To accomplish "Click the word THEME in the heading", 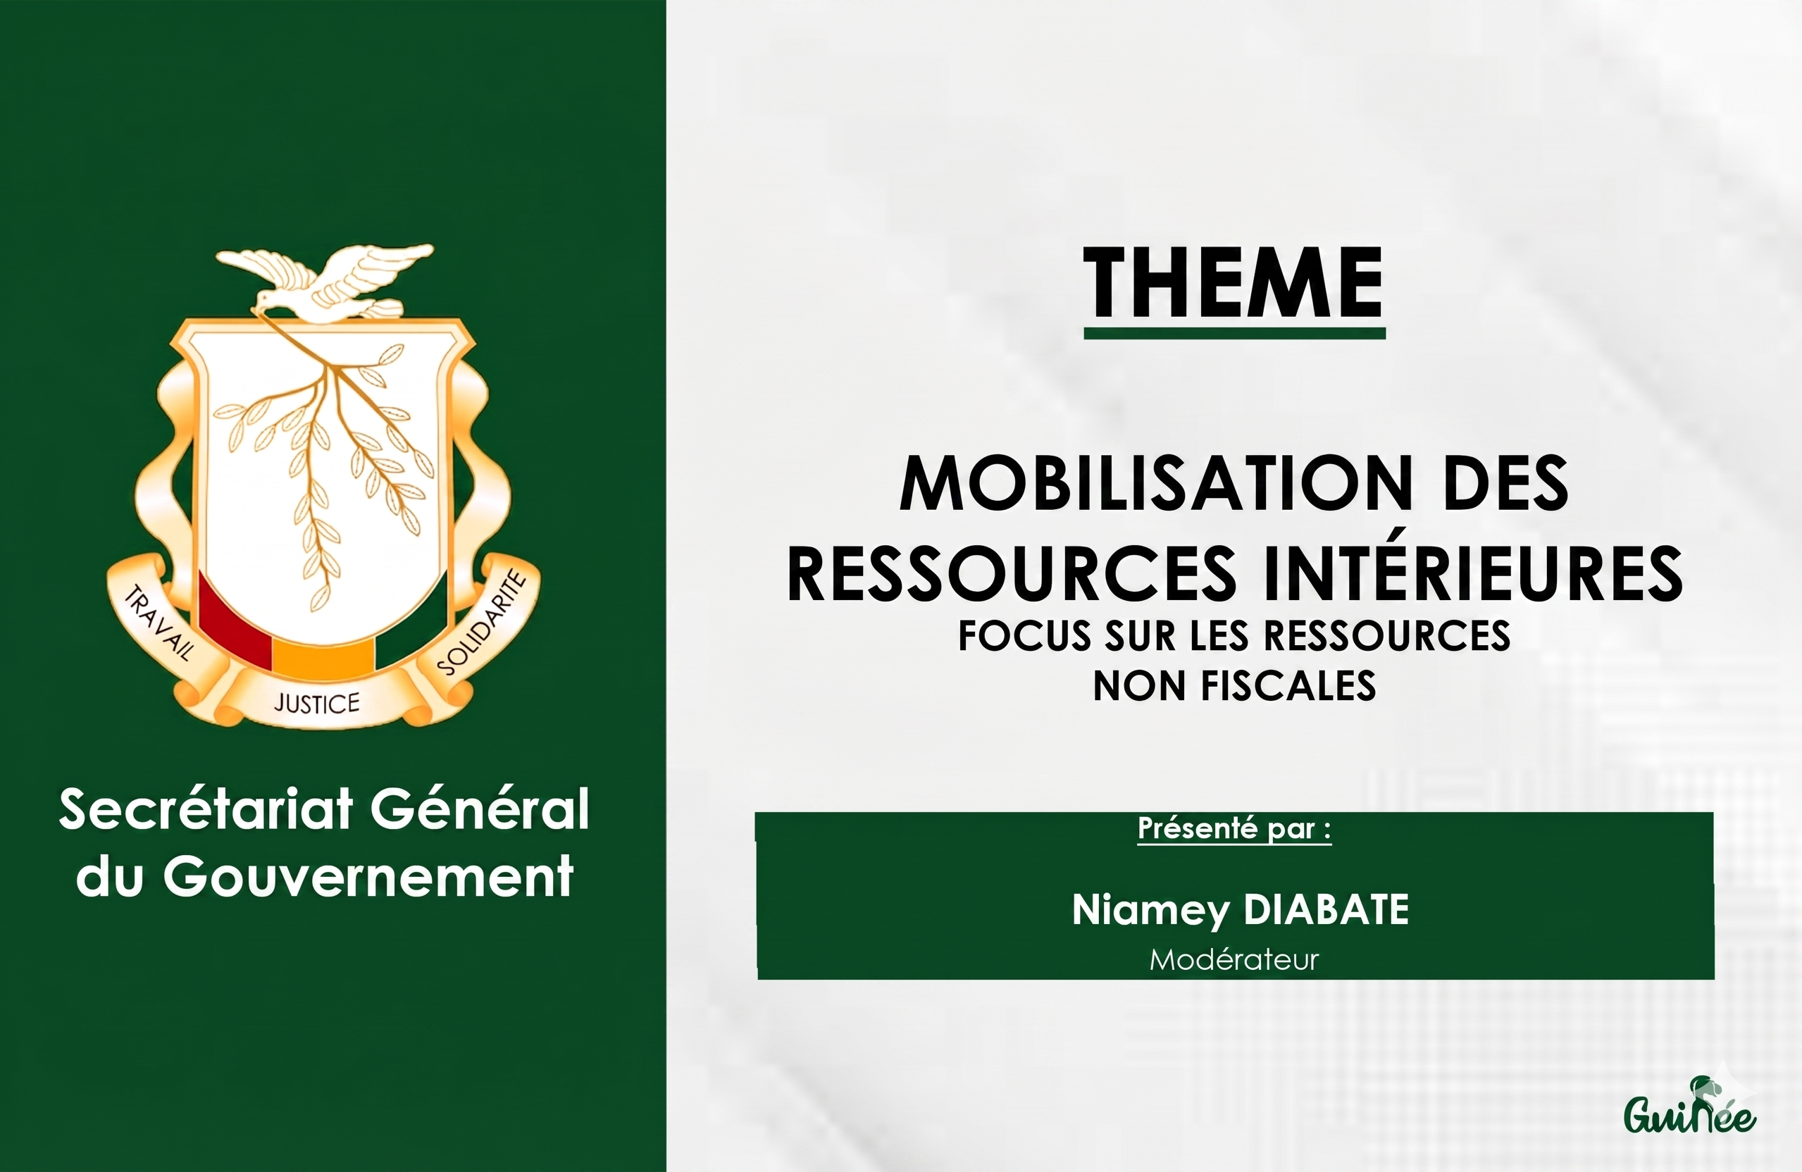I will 1234,283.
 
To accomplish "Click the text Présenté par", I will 1234,828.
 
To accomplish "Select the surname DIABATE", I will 1326,909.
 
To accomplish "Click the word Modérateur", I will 1234,960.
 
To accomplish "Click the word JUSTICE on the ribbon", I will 316,704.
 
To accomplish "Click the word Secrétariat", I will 206,809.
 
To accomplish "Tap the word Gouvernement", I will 367,877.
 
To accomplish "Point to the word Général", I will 479,809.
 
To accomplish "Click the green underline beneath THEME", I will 1234,333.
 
